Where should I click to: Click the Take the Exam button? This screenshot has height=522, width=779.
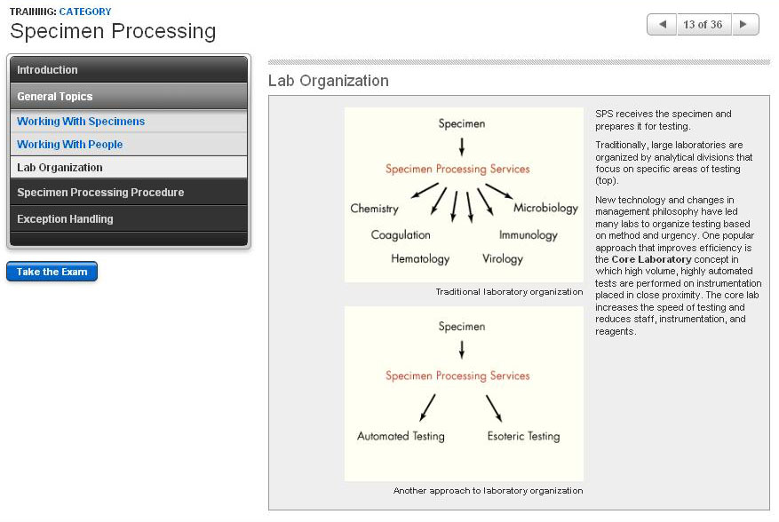[x=52, y=272]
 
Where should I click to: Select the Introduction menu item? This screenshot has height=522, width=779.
[x=47, y=70]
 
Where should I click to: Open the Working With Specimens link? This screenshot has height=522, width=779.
[x=81, y=122]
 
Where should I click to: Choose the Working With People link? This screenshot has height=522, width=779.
[x=69, y=145]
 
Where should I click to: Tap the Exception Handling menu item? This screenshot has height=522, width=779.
[x=65, y=219]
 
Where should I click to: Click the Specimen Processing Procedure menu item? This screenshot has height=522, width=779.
[x=100, y=193]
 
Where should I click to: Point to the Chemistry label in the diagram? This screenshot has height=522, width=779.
[x=374, y=210]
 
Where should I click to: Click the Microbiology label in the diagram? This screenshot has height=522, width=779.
[x=545, y=209]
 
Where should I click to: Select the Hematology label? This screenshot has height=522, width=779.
[x=420, y=259]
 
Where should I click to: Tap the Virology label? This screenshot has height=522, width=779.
[x=503, y=259]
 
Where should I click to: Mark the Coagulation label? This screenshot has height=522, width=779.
[x=401, y=235]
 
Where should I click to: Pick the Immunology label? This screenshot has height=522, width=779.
[x=528, y=235]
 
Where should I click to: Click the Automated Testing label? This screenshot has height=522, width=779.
[x=401, y=437]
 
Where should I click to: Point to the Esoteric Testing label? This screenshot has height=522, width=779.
[x=523, y=437]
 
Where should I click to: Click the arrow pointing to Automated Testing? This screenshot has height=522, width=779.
[x=427, y=407]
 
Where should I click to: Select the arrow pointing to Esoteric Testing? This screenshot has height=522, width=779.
[x=494, y=407]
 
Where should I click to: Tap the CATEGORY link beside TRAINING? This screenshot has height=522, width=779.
[x=85, y=12]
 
